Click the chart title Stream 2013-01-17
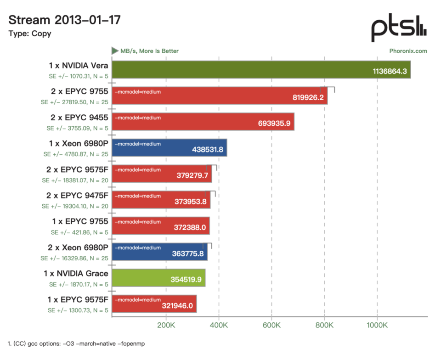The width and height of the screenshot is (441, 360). (x=64, y=20)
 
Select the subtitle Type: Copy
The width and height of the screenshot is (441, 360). (x=30, y=34)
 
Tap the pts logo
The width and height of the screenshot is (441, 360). (x=399, y=27)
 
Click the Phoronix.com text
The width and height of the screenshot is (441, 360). (x=408, y=51)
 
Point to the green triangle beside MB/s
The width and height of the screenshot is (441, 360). (x=114, y=51)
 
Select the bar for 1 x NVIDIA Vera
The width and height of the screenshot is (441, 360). (x=261, y=69)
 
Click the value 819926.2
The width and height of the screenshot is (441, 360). (x=308, y=97)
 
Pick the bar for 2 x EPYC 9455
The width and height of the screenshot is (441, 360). (x=203, y=122)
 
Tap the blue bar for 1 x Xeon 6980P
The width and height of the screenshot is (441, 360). (x=170, y=147)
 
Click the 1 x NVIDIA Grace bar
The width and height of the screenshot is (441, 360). (x=158, y=278)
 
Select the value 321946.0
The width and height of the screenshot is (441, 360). (x=177, y=305)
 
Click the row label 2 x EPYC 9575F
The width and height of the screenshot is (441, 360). (x=77, y=169)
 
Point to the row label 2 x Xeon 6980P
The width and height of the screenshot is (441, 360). (x=78, y=247)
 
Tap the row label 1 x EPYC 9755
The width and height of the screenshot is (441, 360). (x=80, y=221)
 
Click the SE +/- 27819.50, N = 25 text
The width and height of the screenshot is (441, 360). (x=74, y=102)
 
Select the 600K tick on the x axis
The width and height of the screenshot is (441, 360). (x=271, y=325)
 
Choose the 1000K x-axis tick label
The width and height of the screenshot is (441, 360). (x=377, y=325)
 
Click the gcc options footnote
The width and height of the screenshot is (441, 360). (x=76, y=343)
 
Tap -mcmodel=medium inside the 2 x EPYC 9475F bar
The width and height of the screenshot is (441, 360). (x=138, y=196)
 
